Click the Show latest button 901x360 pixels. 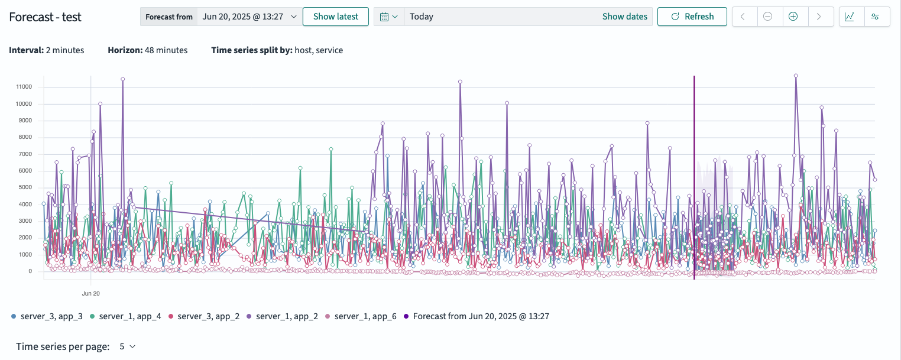[335, 17]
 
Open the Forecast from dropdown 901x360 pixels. [249, 17]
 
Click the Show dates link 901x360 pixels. [624, 17]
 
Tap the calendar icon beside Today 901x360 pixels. [388, 17]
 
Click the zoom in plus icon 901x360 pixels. [793, 17]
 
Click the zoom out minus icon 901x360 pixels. [767, 17]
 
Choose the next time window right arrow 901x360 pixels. [819, 17]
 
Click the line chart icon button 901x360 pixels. [849, 17]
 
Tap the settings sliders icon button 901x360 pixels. [876, 17]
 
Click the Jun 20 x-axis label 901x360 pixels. [90, 293]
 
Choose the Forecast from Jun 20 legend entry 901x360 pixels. [481, 316]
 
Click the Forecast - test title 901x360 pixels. [45, 17]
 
